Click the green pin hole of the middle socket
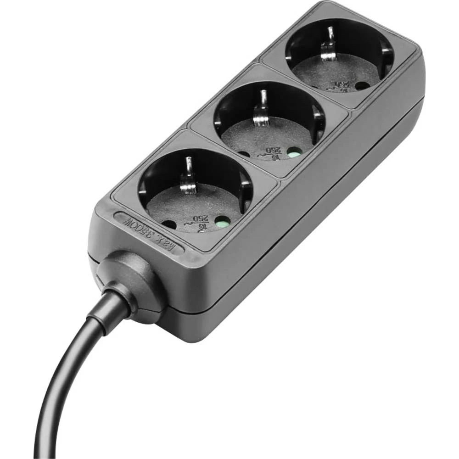292,151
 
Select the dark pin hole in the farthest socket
362,85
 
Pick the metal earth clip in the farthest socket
328,46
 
